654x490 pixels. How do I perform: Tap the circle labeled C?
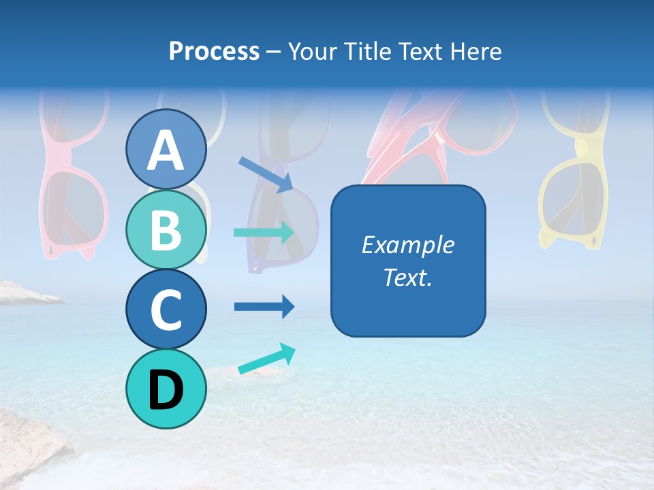[x=166, y=309]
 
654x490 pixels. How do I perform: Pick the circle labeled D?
[x=166, y=389]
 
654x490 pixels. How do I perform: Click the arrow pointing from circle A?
[x=266, y=174]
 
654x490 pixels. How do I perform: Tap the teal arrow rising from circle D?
[x=266, y=359]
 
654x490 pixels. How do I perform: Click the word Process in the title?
[x=214, y=51]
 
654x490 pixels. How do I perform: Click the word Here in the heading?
[x=476, y=51]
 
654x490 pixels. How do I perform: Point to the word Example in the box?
[x=407, y=245]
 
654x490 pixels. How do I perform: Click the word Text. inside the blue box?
[x=407, y=277]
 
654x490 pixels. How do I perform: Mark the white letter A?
[x=166, y=150]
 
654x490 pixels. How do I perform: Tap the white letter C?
[x=166, y=310]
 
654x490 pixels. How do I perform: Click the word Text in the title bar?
[x=420, y=51]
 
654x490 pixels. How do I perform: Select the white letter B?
[x=166, y=230]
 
